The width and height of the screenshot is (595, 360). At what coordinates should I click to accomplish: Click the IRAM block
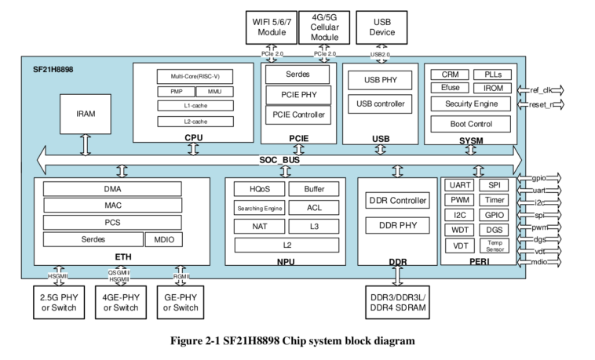click(x=86, y=114)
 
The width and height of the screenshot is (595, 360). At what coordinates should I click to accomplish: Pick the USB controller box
click(x=380, y=103)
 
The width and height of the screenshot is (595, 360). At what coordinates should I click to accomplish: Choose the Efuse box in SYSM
click(x=450, y=88)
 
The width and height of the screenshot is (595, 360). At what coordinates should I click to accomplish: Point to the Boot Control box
click(x=470, y=123)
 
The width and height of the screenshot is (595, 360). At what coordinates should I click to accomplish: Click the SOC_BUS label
click(x=279, y=160)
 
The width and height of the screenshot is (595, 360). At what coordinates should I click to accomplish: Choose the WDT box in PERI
click(x=458, y=230)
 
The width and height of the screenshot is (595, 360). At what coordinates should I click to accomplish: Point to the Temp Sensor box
click(x=495, y=245)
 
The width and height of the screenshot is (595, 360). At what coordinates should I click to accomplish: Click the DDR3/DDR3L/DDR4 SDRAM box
click(x=397, y=302)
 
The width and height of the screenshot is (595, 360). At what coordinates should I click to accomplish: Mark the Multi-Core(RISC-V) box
click(x=196, y=77)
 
